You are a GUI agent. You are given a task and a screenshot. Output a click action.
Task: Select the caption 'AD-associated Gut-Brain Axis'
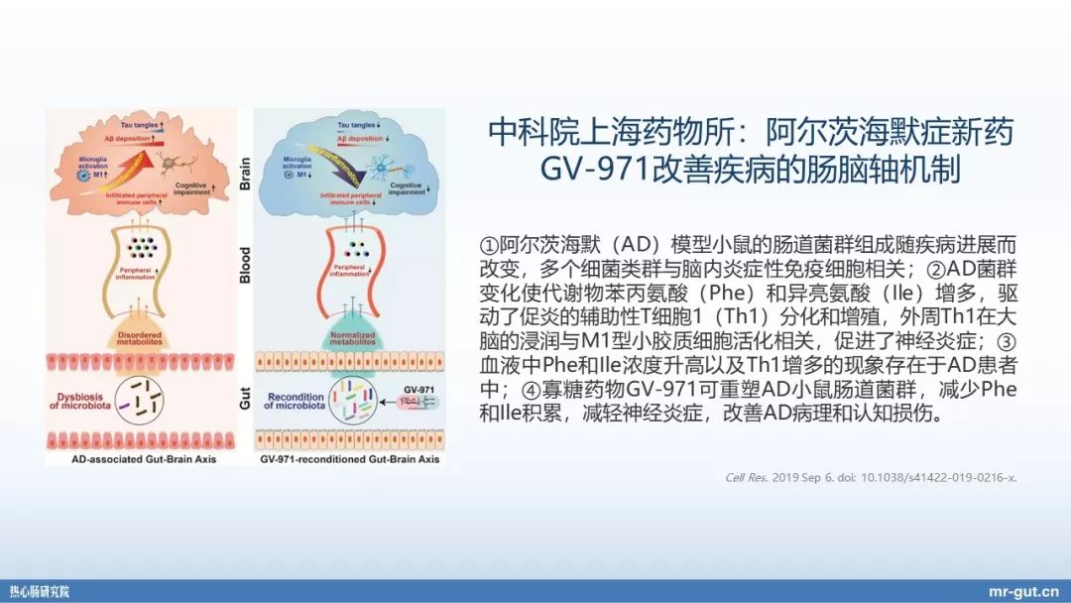[x=143, y=459]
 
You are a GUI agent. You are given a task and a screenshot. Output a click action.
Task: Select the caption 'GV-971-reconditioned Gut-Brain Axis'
[x=349, y=459]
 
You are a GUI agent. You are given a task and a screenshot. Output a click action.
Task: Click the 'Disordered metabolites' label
[x=145, y=338]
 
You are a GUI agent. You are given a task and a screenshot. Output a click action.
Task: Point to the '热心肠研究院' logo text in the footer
[x=41, y=591]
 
